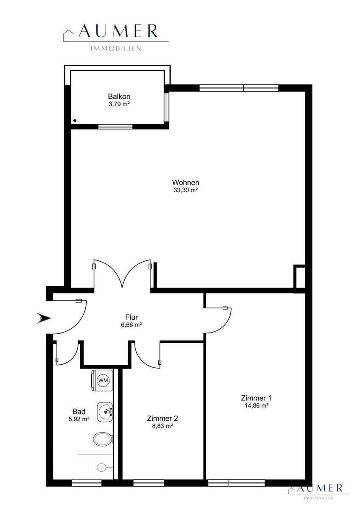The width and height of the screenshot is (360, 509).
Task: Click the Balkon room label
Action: tap(119, 96)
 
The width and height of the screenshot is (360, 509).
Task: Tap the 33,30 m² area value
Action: tap(186, 190)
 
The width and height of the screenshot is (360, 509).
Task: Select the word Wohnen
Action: tap(186, 182)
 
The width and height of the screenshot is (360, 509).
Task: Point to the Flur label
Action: tap(132, 317)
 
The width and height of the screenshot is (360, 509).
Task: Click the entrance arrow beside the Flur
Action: tap(44, 318)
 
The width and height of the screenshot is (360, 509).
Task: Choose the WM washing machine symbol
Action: tap(103, 380)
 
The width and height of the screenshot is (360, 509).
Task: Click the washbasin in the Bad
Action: tap(105, 412)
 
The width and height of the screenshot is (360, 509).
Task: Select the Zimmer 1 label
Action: tap(256, 398)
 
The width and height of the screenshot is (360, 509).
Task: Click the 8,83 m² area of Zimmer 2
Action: tap(162, 426)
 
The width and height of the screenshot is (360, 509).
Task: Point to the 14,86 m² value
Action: tap(256, 406)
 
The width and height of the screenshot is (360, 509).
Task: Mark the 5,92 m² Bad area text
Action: tap(79, 419)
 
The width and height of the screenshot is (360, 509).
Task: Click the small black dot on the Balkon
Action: tap(75, 120)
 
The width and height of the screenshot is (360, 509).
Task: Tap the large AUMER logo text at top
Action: tap(118, 31)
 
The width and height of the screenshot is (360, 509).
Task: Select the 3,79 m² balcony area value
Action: tap(119, 104)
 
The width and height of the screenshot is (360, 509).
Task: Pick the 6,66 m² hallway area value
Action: tap(132, 325)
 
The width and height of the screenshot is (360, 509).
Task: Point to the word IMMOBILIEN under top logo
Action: tap(116, 48)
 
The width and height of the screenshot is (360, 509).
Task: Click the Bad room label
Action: tap(79, 411)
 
